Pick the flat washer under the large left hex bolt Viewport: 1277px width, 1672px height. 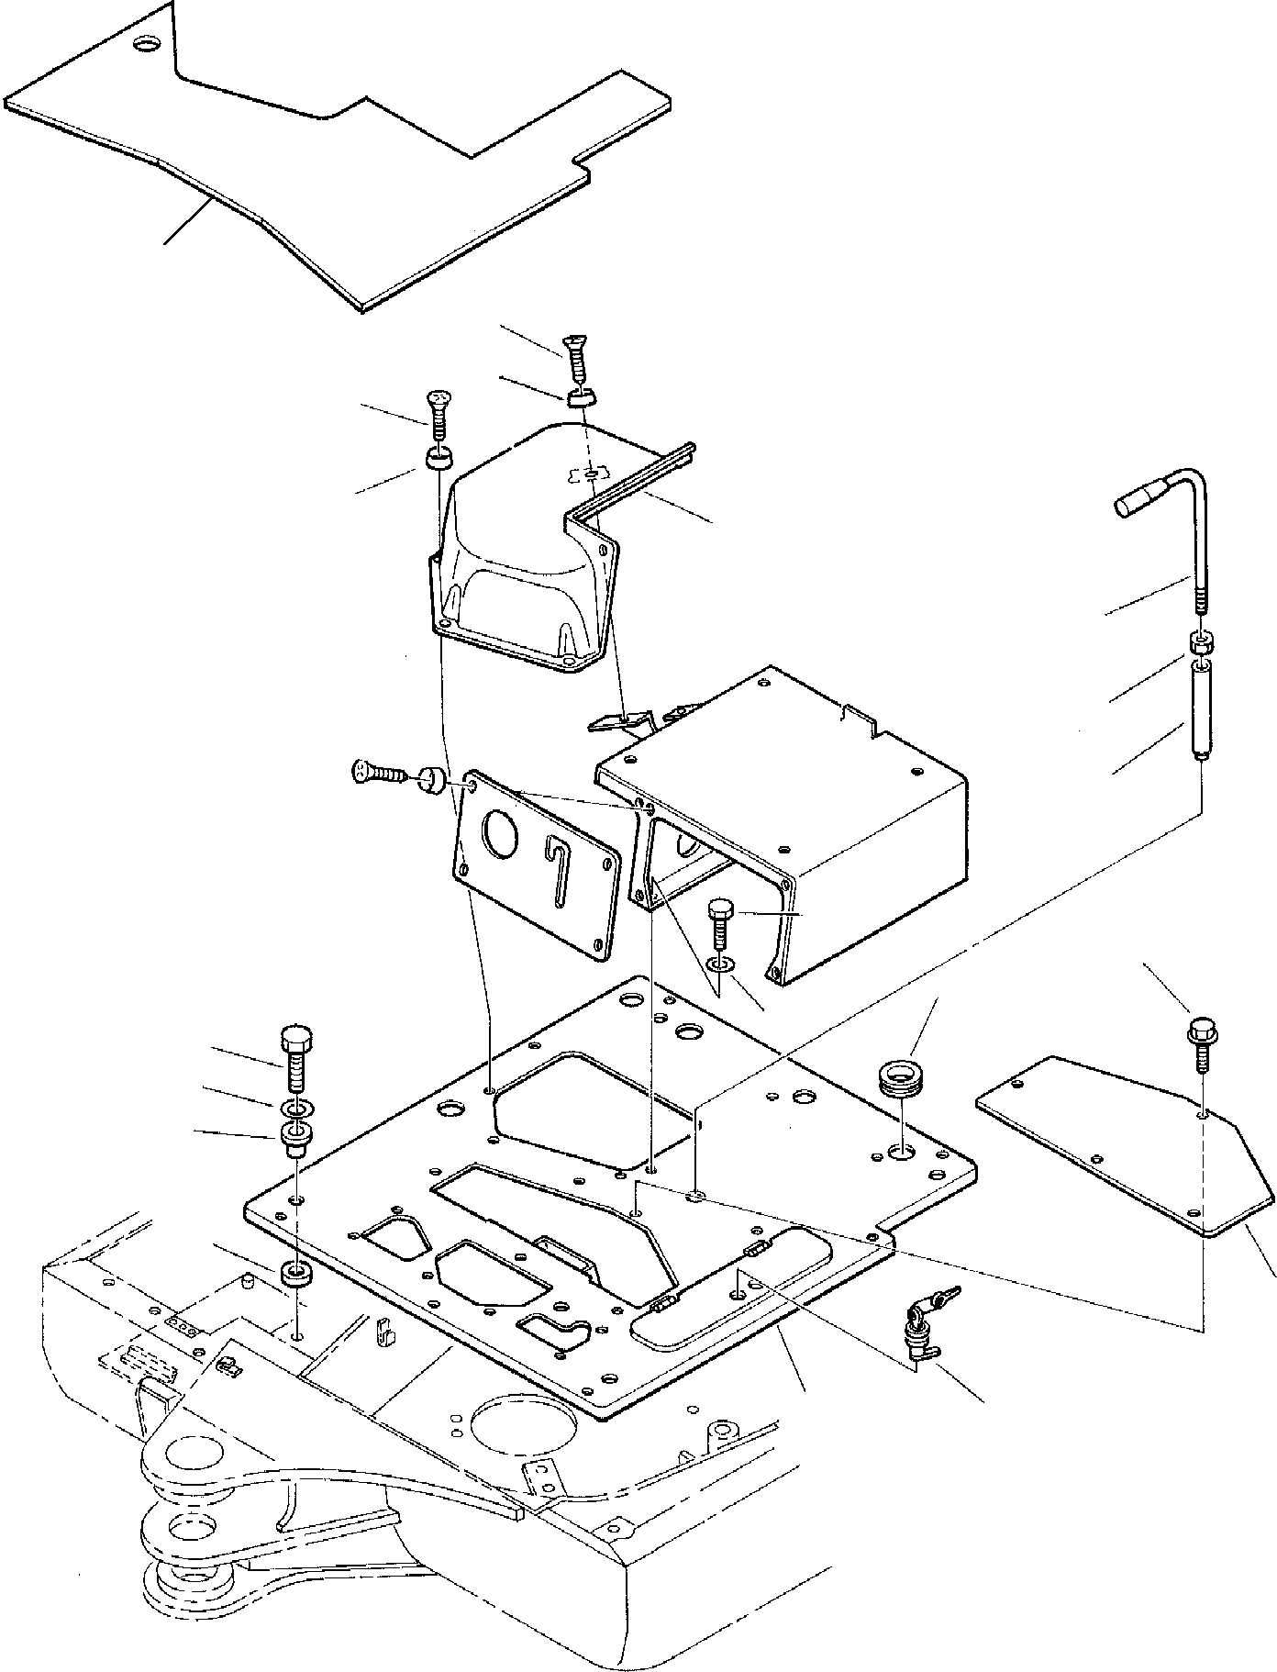(x=295, y=1105)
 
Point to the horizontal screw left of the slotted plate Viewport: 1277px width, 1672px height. (x=379, y=772)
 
